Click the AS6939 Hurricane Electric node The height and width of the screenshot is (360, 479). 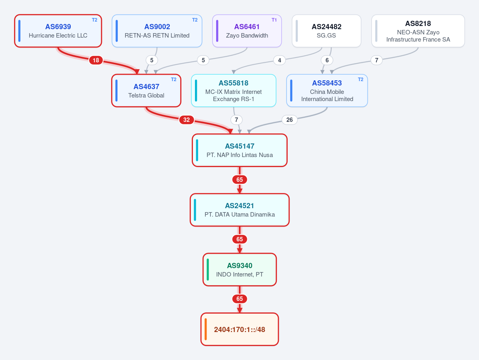[x=58, y=31]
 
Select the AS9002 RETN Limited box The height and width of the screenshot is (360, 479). [x=157, y=31]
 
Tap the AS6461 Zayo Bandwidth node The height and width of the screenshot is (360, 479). [x=247, y=31]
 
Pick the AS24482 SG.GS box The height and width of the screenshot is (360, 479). [x=326, y=31]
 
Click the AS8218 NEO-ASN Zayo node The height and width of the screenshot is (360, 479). [x=418, y=31]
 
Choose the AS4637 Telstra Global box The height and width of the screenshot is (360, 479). [x=146, y=91]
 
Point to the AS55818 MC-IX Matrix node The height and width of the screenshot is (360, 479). [x=234, y=91]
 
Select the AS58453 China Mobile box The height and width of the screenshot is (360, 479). [x=327, y=91]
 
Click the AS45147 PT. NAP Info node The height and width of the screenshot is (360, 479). [x=240, y=150]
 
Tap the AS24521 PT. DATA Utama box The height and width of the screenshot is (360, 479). [x=240, y=210]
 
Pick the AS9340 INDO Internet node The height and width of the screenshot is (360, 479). [x=240, y=270]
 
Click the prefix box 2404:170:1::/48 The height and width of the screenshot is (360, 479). [x=240, y=330]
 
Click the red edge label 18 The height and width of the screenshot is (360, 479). [x=96, y=60]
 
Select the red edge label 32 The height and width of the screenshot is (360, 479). [x=186, y=120]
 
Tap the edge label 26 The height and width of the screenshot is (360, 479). [x=290, y=120]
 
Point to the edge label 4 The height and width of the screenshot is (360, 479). [x=280, y=60]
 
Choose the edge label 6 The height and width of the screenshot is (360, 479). [x=327, y=60]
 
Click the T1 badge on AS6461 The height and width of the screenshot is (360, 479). [x=274, y=20]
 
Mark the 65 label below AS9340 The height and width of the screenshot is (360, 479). [x=240, y=299]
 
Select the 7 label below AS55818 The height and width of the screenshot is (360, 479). [x=237, y=120]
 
